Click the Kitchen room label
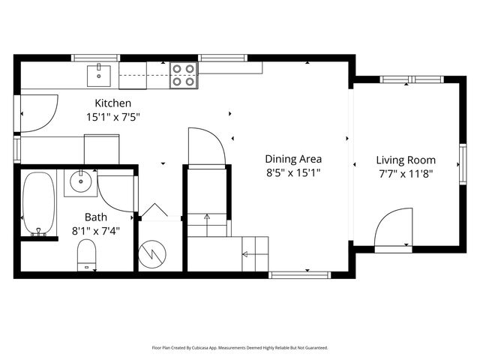(x=112, y=103)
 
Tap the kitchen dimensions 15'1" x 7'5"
(x=113, y=116)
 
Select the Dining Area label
(x=293, y=159)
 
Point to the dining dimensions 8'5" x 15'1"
(x=293, y=172)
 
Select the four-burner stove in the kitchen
(x=183, y=75)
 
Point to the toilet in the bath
(x=87, y=254)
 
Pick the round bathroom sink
(x=79, y=181)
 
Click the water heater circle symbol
(x=153, y=253)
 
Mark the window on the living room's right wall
(x=463, y=163)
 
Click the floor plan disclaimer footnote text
(x=239, y=347)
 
